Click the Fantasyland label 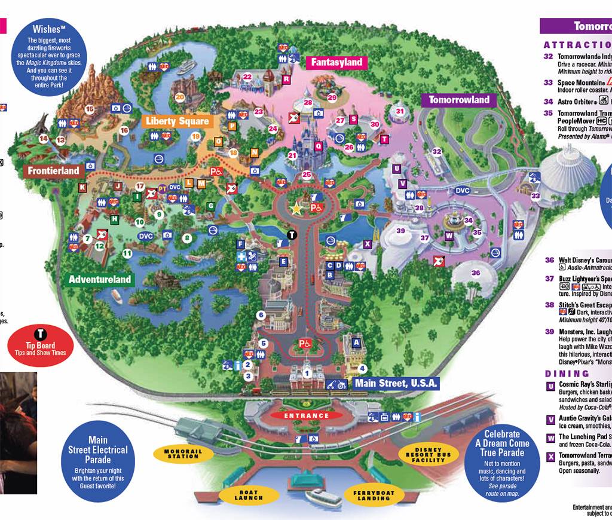click(x=336, y=62)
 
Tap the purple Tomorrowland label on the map click(x=459, y=100)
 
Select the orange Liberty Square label click(x=178, y=121)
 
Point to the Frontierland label click(x=53, y=171)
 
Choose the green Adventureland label click(x=99, y=279)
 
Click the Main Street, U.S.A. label click(x=396, y=383)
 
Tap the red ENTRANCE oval click(x=306, y=415)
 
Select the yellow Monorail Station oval click(x=183, y=452)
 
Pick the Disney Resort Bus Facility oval click(x=432, y=455)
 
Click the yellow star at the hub click(x=296, y=208)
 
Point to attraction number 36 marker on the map click(x=476, y=273)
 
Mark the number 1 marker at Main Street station click(x=307, y=374)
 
